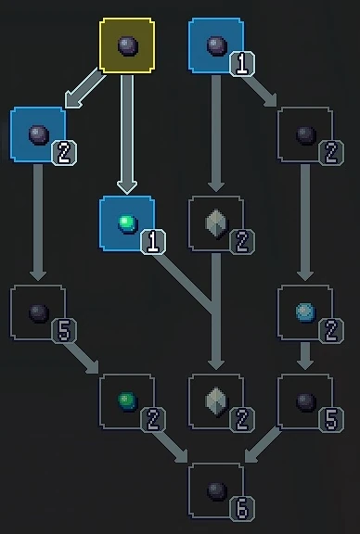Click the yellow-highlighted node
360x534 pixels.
click(127, 45)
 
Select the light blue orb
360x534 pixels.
click(305, 312)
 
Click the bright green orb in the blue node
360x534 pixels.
click(127, 222)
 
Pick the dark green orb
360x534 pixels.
click(127, 401)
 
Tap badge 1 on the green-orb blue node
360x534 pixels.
click(153, 243)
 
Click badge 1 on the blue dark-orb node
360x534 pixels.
click(242, 64)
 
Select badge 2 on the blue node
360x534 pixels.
click(64, 153)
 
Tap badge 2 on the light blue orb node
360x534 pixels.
click(331, 329)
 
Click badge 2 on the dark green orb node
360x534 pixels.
click(153, 420)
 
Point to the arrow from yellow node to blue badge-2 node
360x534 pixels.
click(84, 90)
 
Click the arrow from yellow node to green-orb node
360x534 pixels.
click(127, 130)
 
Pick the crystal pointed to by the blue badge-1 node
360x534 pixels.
click(216, 223)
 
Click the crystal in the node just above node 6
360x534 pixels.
click(216, 400)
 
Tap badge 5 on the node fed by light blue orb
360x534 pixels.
click(331, 420)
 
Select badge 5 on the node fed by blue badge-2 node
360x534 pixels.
click(64, 331)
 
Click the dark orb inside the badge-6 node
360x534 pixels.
click(216, 489)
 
